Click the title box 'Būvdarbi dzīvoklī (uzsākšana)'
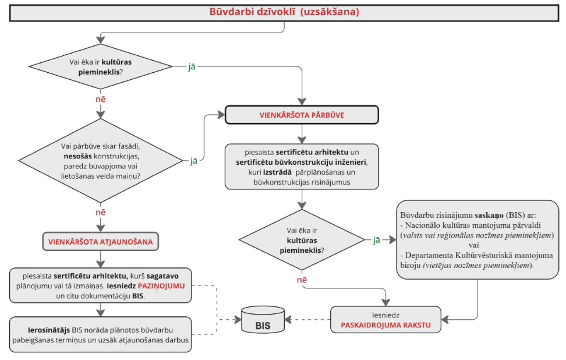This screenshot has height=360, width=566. coord(284,12)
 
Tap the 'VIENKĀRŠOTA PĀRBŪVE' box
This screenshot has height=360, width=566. coord(302,115)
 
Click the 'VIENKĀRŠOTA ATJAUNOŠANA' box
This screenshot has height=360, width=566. coord(101,241)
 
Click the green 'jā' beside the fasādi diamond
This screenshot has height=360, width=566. coord(193,161)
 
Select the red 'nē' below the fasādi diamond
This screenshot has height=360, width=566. coord(101,213)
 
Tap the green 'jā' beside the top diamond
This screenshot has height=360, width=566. coord(191,66)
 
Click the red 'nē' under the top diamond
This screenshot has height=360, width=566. coord(101,99)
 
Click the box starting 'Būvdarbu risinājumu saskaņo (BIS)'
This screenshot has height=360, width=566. coord(477,239)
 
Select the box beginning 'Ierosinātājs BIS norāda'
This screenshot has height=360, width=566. coord(101,334)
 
